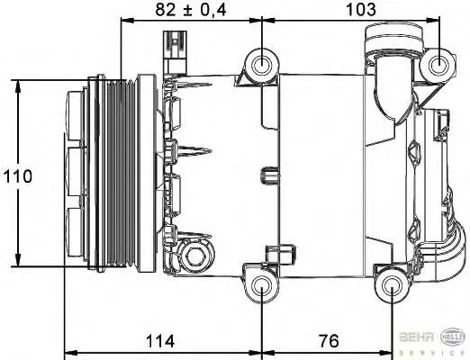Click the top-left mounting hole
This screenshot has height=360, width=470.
click(262, 64)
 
